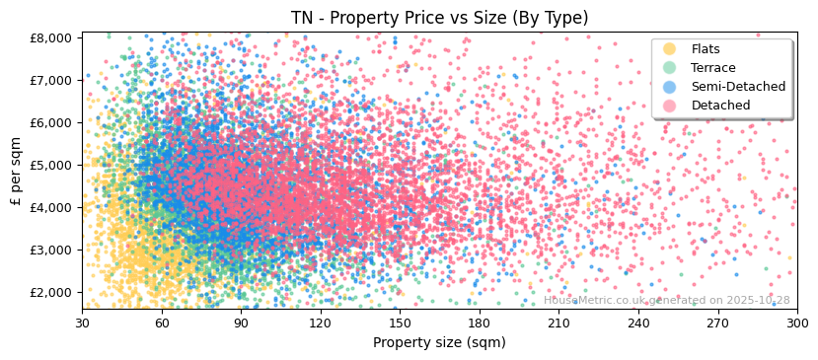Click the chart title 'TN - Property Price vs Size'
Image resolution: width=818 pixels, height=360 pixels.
439,18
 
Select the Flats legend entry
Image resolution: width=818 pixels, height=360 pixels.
705,49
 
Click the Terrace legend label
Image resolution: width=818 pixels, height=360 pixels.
712,68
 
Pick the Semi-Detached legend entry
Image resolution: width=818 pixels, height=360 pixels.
738,87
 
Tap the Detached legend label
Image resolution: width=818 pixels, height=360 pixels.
720,106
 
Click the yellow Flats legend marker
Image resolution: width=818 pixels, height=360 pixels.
670,49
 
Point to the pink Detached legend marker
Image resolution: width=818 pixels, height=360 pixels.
670,106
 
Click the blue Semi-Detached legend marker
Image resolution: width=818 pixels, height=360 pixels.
670,87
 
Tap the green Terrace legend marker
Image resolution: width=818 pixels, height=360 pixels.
670,68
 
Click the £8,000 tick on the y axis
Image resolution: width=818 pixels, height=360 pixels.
51,37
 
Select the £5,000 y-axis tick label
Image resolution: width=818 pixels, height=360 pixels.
51,165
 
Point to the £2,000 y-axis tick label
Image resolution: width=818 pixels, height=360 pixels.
51,292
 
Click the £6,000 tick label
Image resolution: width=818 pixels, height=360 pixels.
51,122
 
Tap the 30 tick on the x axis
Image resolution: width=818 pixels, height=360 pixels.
82,324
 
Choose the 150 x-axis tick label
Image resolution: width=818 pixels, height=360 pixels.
400,324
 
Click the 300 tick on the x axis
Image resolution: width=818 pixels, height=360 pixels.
797,324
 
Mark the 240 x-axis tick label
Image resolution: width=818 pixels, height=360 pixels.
638,324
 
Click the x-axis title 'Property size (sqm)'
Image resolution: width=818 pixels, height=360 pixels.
439,343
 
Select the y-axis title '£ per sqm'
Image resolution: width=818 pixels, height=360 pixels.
16,172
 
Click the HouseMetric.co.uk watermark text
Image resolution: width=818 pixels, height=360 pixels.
666,301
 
